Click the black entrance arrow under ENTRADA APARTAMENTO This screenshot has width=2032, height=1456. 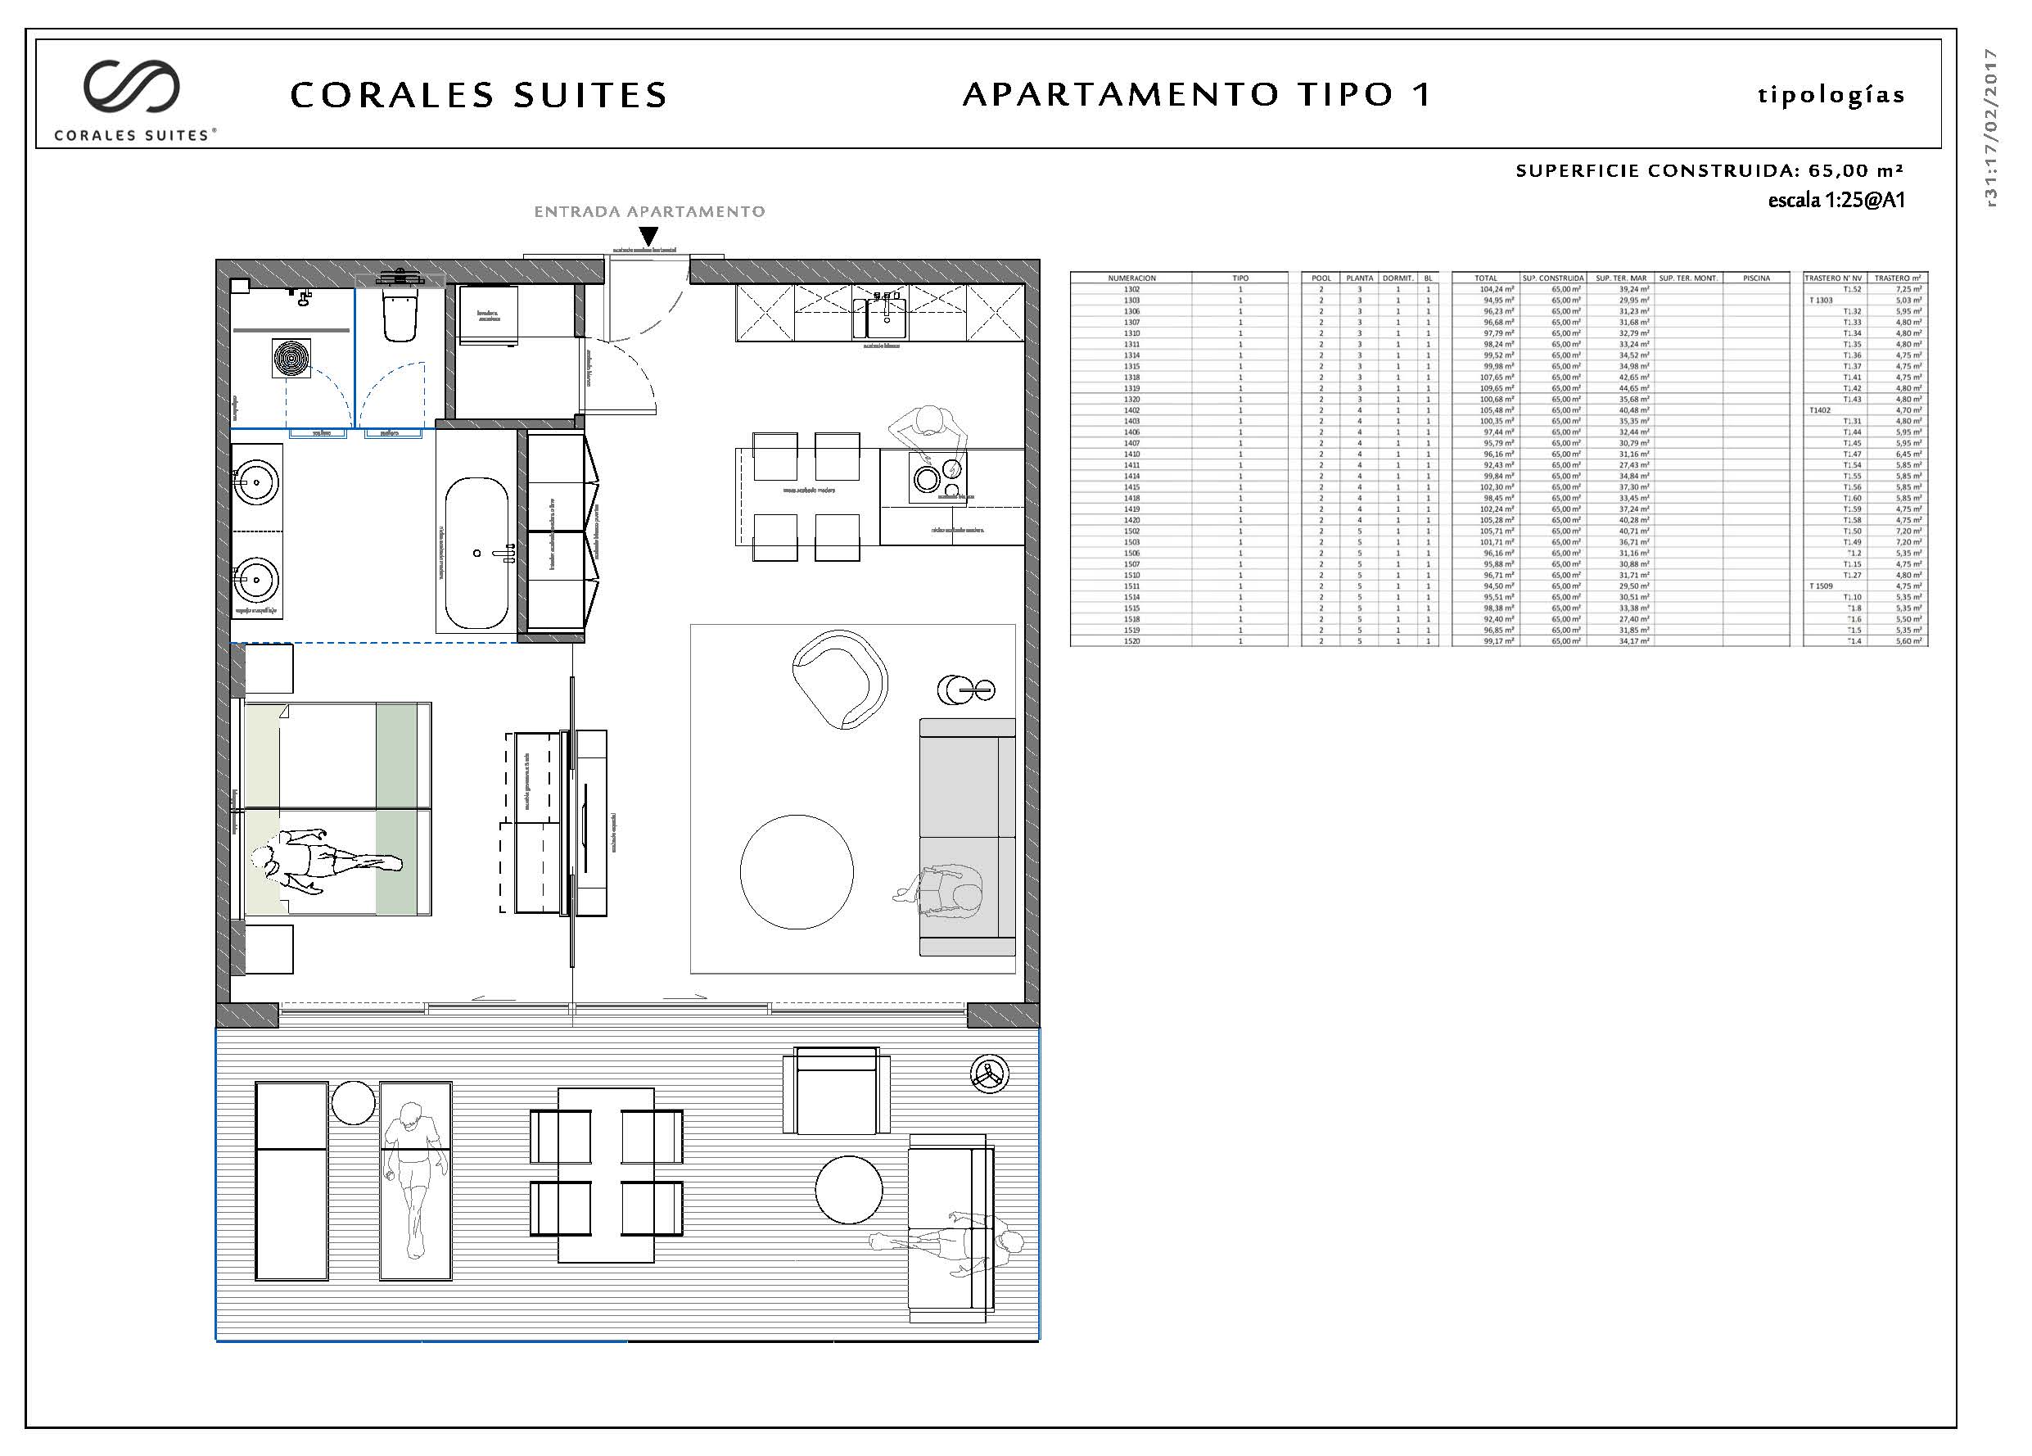tap(648, 237)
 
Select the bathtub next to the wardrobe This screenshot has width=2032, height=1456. tap(476, 552)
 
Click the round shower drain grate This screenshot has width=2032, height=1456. tap(291, 358)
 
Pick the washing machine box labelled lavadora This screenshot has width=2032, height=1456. tap(488, 314)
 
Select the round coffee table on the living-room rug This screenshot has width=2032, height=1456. tap(797, 871)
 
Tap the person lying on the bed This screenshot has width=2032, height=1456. tap(326, 861)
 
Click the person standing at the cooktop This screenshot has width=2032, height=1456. tap(930, 431)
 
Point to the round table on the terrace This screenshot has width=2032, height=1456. tap(848, 1189)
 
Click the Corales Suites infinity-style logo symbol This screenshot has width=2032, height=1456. tap(133, 86)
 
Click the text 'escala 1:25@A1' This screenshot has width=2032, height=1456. tap(1836, 200)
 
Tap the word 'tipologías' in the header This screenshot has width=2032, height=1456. tap(1831, 95)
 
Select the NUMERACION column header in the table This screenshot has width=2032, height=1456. tap(1131, 278)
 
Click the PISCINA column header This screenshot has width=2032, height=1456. tap(1756, 278)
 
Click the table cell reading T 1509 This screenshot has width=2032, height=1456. tap(1822, 586)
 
